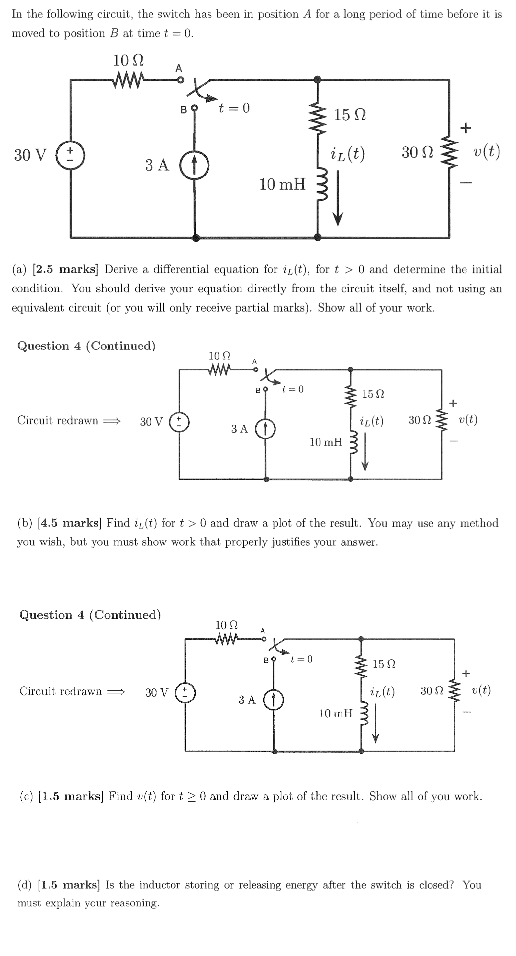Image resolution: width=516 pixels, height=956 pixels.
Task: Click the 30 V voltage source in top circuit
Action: pyautogui.click(x=71, y=155)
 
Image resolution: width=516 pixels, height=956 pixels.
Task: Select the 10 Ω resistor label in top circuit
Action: pyautogui.click(x=128, y=60)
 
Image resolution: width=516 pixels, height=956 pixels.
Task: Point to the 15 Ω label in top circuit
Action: pyautogui.click(x=350, y=115)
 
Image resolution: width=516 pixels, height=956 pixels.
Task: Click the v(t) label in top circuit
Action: pyautogui.click(x=487, y=152)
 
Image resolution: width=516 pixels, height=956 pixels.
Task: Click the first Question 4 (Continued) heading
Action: pyautogui.click(x=86, y=346)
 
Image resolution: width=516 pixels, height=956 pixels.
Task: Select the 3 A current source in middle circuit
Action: pyautogui.click(x=265, y=429)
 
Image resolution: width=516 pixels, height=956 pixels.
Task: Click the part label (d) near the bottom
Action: pyautogui.click(x=25, y=885)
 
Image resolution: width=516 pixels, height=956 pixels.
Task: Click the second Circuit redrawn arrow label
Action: pyautogui.click(x=72, y=691)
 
